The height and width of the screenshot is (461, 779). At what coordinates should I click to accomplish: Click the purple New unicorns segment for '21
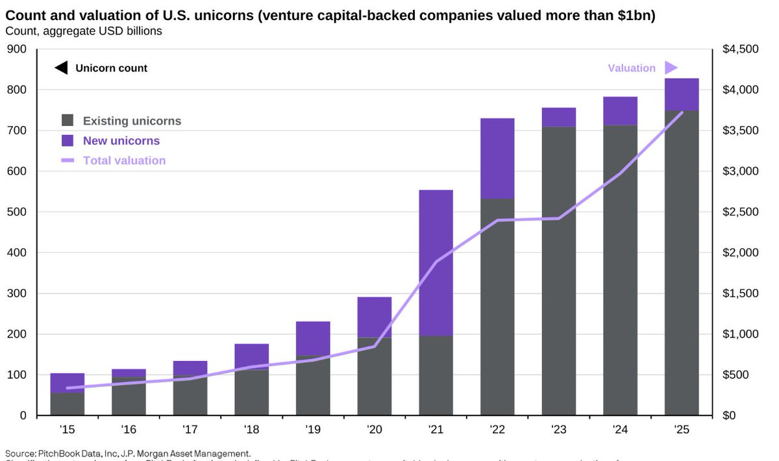(x=436, y=262)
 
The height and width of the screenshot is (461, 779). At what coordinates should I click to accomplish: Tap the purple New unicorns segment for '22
(x=497, y=158)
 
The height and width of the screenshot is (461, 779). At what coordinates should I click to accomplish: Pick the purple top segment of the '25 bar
(x=682, y=94)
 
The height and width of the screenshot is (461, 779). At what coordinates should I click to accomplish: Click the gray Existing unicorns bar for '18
(x=252, y=392)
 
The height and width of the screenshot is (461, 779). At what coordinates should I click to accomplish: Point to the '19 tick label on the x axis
(x=313, y=429)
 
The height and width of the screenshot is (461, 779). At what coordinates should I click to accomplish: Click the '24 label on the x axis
(x=620, y=429)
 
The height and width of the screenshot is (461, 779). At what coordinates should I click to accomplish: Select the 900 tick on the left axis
(x=18, y=49)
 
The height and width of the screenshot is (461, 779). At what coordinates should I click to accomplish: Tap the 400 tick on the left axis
(x=18, y=253)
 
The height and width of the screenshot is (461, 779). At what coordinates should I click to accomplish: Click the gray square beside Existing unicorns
(x=68, y=121)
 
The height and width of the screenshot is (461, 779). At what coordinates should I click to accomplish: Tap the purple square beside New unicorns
(x=68, y=141)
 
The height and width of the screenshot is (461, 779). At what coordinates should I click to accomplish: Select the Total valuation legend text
(x=124, y=160)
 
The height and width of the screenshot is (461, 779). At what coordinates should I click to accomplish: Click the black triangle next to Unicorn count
(x=61, y=68)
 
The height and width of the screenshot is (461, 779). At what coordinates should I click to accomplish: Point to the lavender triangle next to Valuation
(x=671, y=68)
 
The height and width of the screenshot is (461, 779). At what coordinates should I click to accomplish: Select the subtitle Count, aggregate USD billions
(x=84, y=31)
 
